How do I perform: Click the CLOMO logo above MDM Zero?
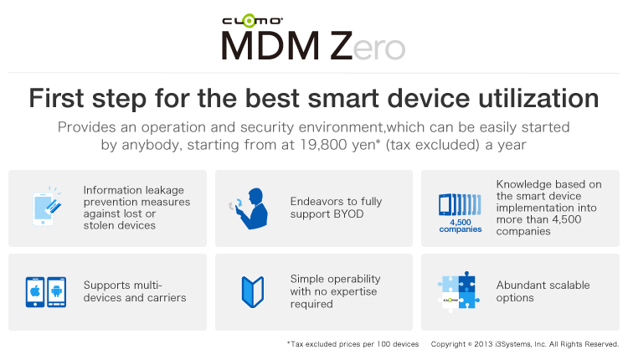coord(252,20)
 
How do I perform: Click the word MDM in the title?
coord(270,46)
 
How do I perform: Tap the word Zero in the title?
coord(368,46)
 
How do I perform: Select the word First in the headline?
coord(56,98)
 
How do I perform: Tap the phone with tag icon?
coord(46,208)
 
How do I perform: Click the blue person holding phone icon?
coord(250,208)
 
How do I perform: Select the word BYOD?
coord(349,213)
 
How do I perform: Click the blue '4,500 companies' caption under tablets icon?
coord(461,226)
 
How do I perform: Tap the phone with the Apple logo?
coord(35,292)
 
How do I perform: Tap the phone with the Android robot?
coord(57,292)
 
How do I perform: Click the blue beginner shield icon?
coord(253,291)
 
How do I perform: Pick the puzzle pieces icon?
coord(459,291)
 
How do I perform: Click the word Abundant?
coord(516,285)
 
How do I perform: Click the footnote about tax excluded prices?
coord(353,344)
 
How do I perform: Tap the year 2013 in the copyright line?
coord(483,344)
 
